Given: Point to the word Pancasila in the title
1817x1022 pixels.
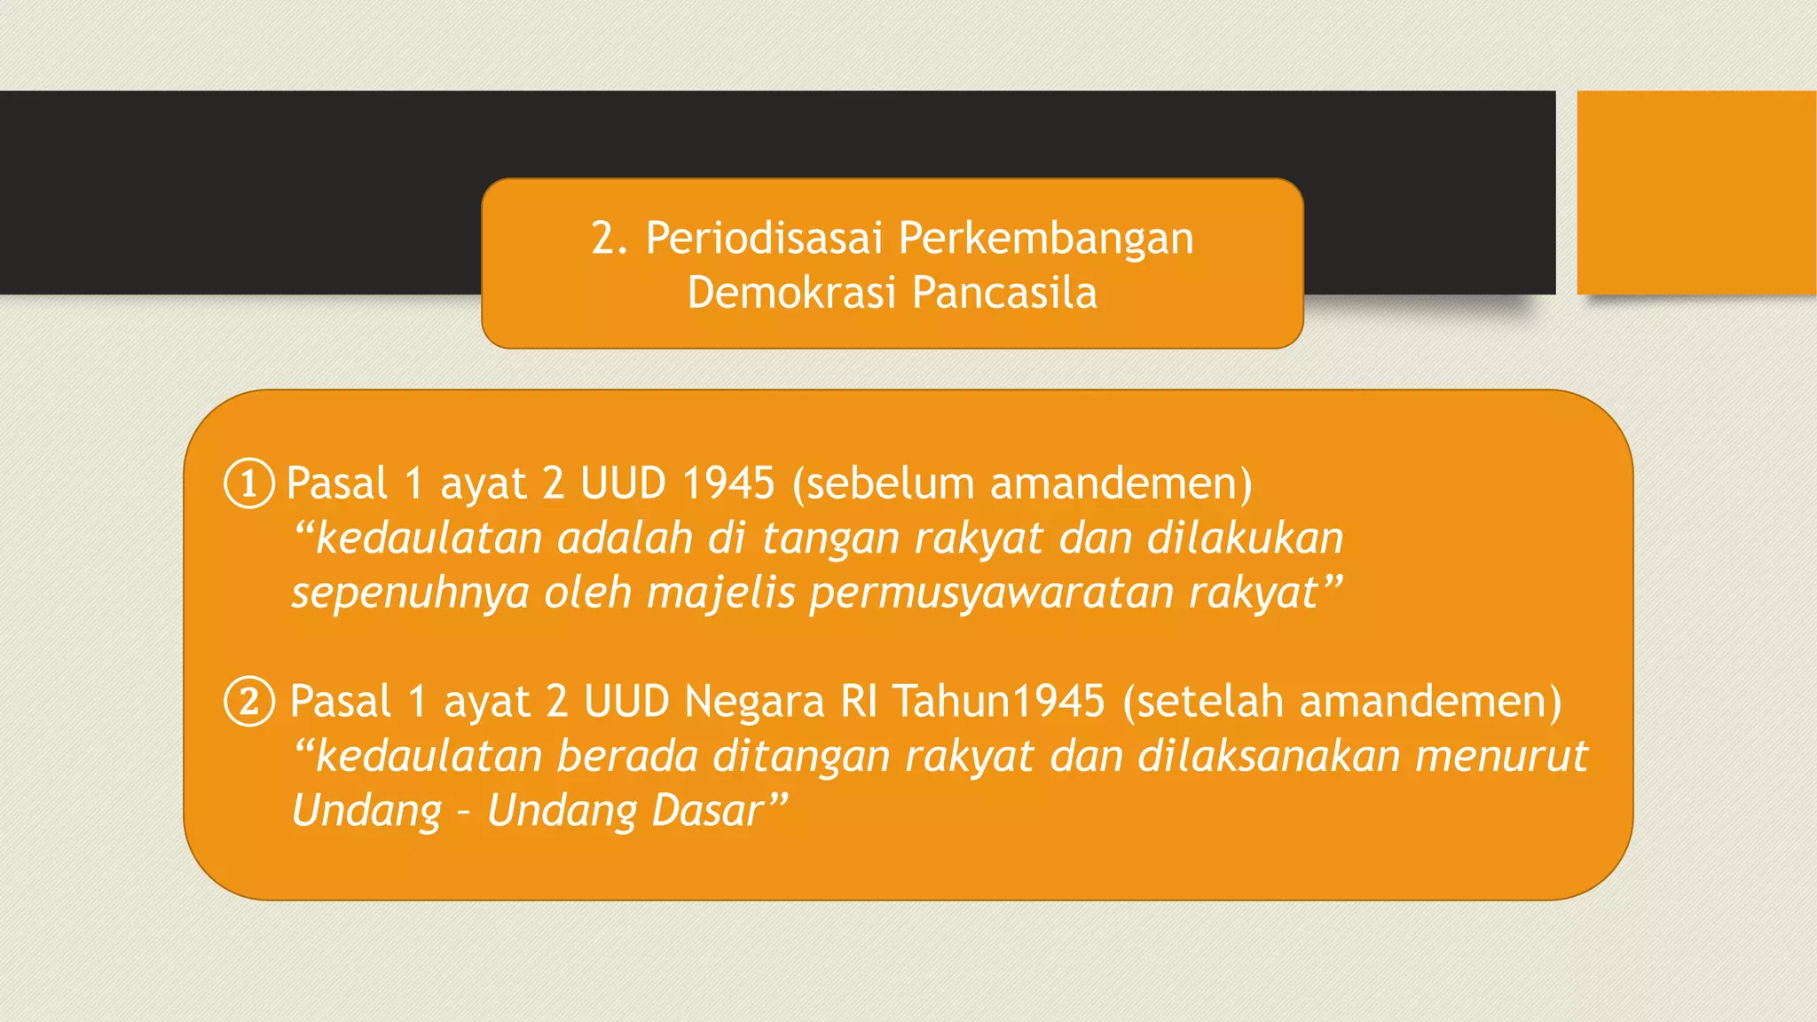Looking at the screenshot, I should [x=1004, y=293].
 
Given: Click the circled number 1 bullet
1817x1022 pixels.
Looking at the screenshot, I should [x=249, y=483].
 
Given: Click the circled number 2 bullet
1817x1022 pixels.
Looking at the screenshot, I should [x=249, y=702].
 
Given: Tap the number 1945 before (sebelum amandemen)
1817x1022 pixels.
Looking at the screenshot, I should [x=728, y=483].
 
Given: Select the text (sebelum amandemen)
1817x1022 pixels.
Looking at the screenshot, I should [x=1022, y=483].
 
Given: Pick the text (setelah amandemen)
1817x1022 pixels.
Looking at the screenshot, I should [x=1341, y=702].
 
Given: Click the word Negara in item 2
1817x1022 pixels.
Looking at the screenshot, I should [x=755, y=702].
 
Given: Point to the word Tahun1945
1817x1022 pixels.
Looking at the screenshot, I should [x=999, y=702].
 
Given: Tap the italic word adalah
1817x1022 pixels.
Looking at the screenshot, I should [x=625, y=539].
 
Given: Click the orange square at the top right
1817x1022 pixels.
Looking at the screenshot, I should [x=1696, y=193].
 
